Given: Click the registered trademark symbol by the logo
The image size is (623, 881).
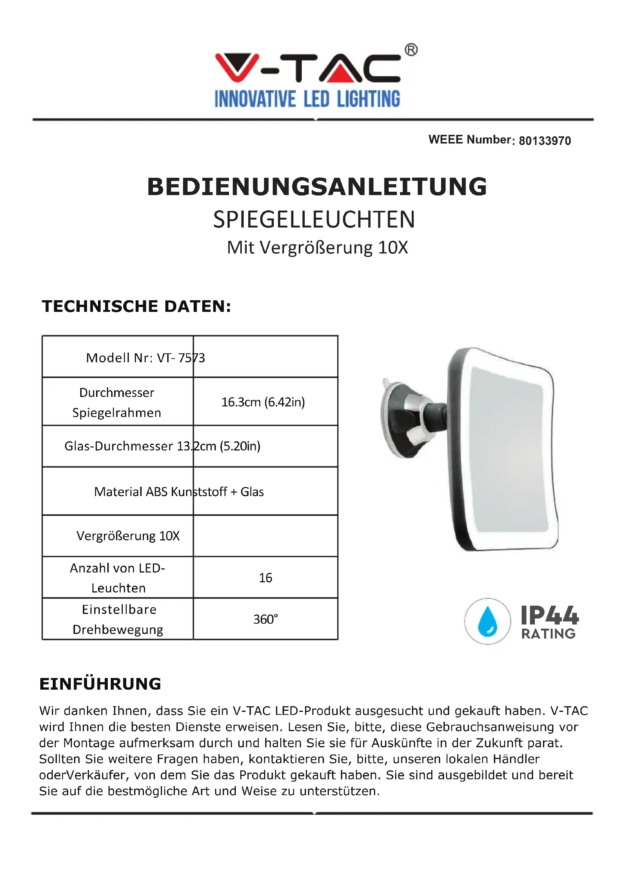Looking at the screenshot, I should click(411, 50).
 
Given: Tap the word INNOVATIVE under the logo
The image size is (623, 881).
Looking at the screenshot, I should click(255, 99).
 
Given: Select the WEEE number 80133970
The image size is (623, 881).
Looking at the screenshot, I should click(545, 141).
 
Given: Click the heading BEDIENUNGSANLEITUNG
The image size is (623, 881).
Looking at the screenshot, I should click(317, 187).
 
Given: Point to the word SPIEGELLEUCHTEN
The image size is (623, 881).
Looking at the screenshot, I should click(314, 220).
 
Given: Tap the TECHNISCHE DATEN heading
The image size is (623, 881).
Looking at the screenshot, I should click(137, 306).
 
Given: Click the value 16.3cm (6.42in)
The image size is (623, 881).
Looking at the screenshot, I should click(263, 402).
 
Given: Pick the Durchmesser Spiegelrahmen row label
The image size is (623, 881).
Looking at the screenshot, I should click(117, 402).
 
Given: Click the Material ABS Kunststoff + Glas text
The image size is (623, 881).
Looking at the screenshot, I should click(179, 492).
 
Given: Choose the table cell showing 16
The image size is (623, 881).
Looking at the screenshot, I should click(266, 577).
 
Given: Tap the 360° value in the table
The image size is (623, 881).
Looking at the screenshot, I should click(266, 619).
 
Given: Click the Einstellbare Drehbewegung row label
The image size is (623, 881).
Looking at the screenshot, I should click(118, 619).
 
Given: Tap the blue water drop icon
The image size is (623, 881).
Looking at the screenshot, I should click(487, 621).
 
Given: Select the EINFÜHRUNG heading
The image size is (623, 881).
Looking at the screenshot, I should click(101, 684).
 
